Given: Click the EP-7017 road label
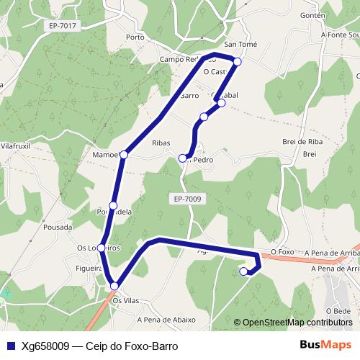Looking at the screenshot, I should pos(63,25).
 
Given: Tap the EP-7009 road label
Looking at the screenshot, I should pos(188,198).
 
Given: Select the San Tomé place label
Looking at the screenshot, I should pos(240,45).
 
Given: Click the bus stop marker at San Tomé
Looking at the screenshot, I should pos(238,61).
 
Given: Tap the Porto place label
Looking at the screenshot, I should pos(135,37).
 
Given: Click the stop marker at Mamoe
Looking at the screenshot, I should pos(124,154).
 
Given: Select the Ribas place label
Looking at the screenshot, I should pos(161,143).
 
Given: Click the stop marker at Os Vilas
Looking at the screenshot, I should pos(115,287).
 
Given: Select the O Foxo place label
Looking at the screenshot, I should pos(283,252).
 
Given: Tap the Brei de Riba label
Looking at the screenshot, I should pos(302,141).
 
